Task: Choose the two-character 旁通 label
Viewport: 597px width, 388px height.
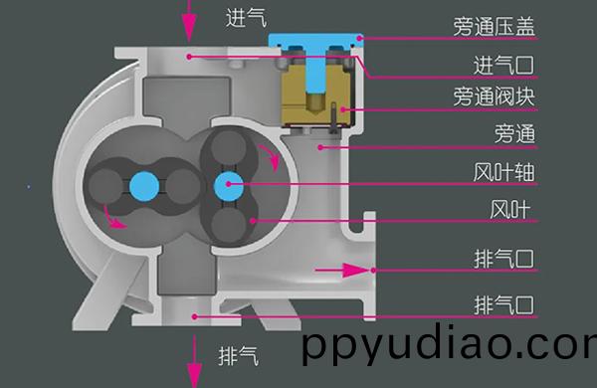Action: pyautogui.click(x=516, y=133)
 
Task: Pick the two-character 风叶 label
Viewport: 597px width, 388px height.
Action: pyautogui.click(x=515, y=210)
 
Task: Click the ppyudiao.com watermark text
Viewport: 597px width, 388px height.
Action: pyautogui.click(x=448, y=348)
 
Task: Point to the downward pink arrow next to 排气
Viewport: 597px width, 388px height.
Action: pyautogui.click(x=195, y=363)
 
